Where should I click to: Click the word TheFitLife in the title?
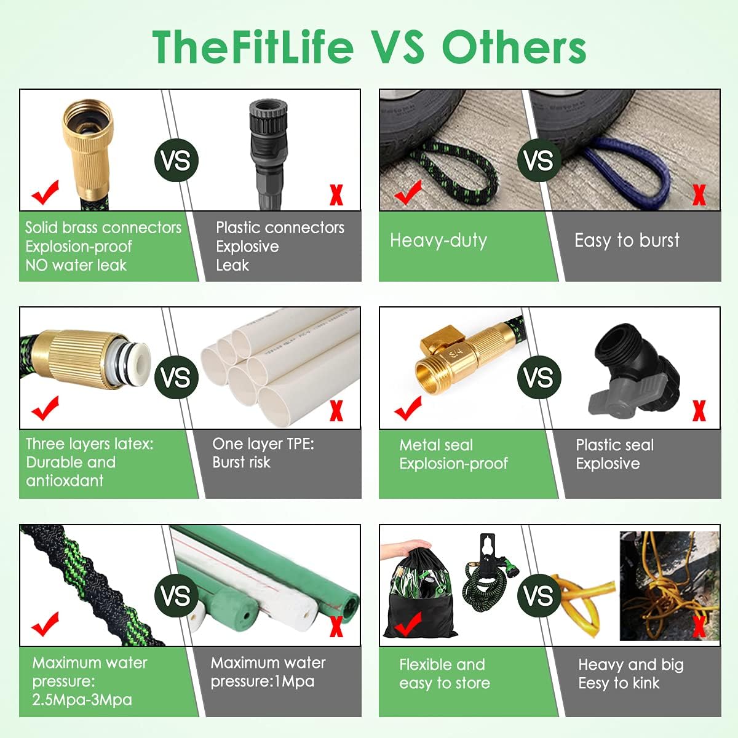[253, 47]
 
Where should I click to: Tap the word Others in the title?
[514, 47]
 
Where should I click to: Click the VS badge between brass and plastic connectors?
[177, 161]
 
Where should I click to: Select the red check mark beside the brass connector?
[46, 193]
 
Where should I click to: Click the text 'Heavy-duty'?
[438, 240]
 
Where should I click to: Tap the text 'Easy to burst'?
[627, 240]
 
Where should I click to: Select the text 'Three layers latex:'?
[89, 444]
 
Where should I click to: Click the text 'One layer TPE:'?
[263, 444]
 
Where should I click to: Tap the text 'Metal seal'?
[436, 445]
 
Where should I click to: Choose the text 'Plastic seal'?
[614, 445]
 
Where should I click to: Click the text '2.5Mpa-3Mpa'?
[82, 700]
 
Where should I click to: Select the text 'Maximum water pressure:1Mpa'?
[268, 672]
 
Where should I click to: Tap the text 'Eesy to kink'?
[618, 683]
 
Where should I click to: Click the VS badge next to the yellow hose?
[539, 595]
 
